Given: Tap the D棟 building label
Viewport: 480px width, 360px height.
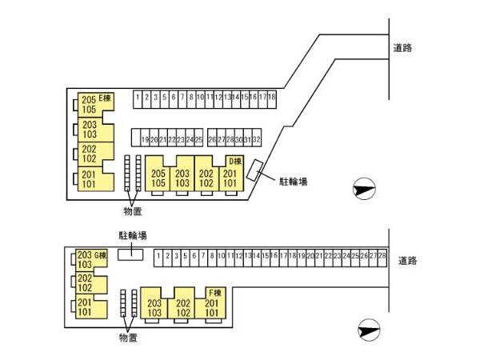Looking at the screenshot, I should [235, 162].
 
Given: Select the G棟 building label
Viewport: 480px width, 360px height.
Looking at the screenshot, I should [101, 255].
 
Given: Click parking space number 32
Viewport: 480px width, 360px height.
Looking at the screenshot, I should [256, 139].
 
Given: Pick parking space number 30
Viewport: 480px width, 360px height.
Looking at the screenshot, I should [238, 139].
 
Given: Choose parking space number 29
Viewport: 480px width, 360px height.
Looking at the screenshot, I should [230, 139].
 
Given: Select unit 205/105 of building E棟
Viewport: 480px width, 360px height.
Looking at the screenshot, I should [89, 104].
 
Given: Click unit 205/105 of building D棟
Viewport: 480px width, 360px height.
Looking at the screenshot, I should [158, 178].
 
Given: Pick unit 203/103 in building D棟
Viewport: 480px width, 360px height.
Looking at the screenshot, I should [182, 178].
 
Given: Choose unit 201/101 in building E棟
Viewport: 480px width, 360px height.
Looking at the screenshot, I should [89, 179].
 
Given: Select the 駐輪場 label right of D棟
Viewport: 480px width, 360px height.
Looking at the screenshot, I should [293, 181].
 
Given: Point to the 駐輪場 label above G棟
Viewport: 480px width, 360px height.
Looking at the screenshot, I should [132, 236].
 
